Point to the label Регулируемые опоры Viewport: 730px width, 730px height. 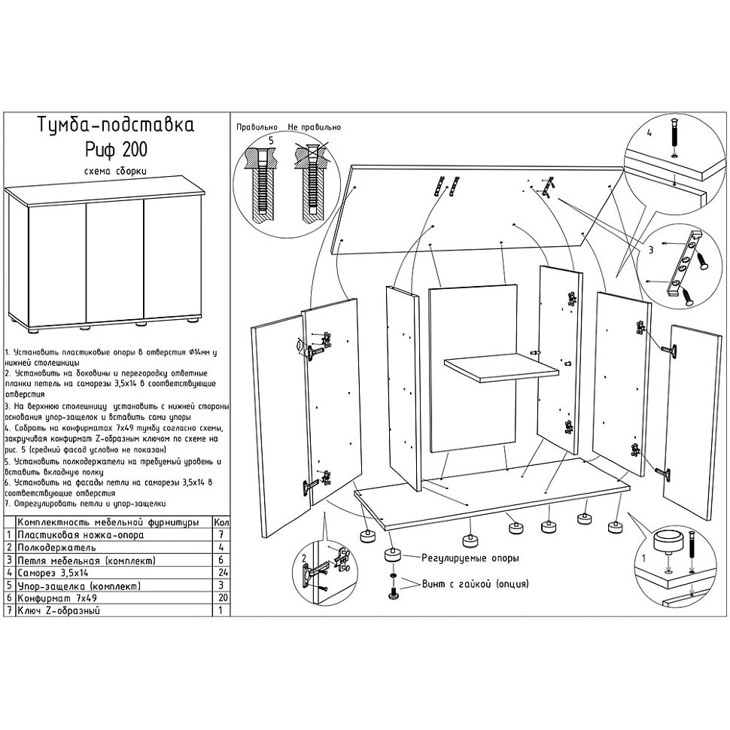click(x=459, y=558)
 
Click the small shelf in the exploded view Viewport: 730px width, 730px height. click(x=501, y=370)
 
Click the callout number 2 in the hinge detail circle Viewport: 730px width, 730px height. click(x=303, y=558)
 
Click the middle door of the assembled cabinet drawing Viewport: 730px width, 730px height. click(x=115, y=258)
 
